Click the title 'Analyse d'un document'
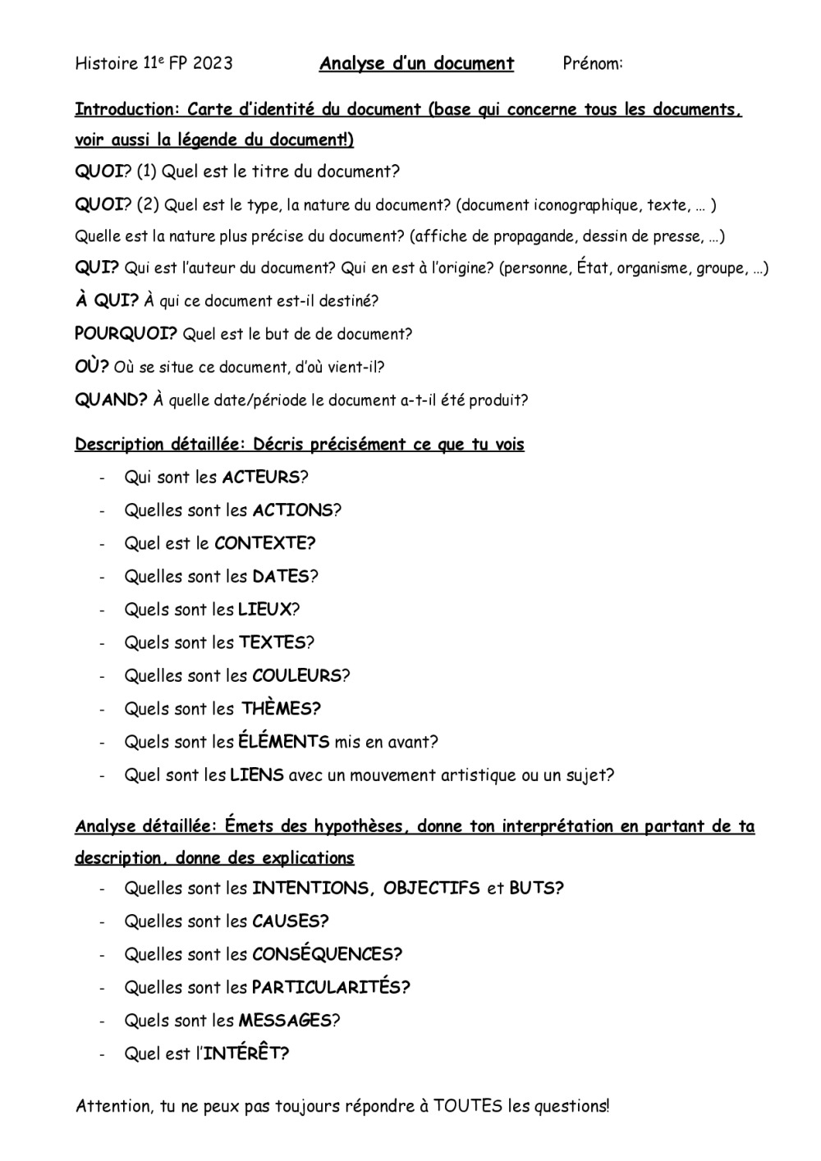pos(416,64)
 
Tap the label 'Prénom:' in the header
pos(593,64)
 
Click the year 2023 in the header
pos(213,64)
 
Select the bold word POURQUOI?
pos(126,334)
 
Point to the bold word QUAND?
pos(111,400)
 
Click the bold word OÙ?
pos(92,367)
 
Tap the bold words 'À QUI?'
pos(107,300)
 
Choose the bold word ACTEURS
pos(260,478)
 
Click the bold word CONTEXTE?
pos(265,543)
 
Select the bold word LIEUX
pos(264,610)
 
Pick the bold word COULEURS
pos(296,676)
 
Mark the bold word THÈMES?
pos(281,709)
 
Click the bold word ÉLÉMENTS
pos(283,742)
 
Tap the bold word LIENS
pos(257,775)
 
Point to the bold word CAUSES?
pos(291,921)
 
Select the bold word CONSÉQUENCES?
pos(327,954)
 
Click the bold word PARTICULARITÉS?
pos(331,987)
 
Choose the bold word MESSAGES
pos(285,1021)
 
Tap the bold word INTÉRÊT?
pos(245,1054)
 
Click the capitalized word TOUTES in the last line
pos(468,1106)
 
